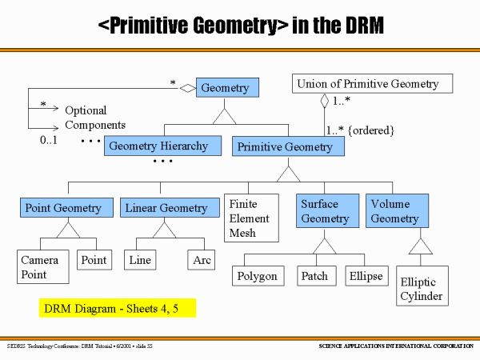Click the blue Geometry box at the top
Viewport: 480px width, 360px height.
227,87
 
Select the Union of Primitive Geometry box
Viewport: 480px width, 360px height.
372,83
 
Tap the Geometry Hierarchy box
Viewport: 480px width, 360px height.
162,146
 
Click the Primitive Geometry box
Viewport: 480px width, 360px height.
288,146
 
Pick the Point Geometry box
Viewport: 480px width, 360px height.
66,207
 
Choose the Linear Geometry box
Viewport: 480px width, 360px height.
170,207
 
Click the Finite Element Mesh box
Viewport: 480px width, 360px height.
251,218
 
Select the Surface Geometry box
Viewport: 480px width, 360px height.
327,210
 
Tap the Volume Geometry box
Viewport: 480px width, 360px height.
397,210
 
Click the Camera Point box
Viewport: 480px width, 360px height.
43,266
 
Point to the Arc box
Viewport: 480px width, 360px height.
201,260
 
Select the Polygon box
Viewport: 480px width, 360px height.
258,276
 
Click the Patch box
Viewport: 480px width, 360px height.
317,276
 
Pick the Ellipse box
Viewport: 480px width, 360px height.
366,276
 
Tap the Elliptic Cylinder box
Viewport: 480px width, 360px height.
422,286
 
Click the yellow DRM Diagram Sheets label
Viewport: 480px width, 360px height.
118,308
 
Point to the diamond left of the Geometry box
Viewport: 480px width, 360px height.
188,89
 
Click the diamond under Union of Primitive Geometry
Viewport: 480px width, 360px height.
325,101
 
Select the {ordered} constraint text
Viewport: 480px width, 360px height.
371,130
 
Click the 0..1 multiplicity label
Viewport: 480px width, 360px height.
48,140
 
